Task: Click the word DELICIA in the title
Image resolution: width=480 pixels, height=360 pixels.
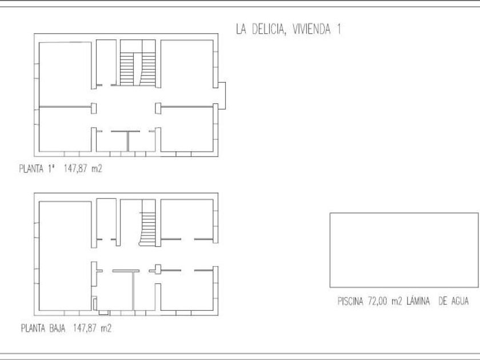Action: [x=269, y=29]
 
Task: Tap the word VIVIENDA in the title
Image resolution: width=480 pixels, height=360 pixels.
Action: [x=311, y=29]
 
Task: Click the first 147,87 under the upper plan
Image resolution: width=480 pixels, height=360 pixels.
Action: [x=75, y=169]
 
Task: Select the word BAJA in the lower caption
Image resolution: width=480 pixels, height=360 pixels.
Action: [x=57, y=329]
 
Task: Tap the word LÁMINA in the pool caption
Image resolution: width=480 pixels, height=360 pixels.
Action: [x=418, y=301]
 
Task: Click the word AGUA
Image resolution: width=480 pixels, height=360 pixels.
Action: [x=460, y=301]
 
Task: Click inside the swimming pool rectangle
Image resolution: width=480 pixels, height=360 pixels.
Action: [x=404, y=250]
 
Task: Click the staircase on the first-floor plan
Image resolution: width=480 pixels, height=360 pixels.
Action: [x=138, y=69]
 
